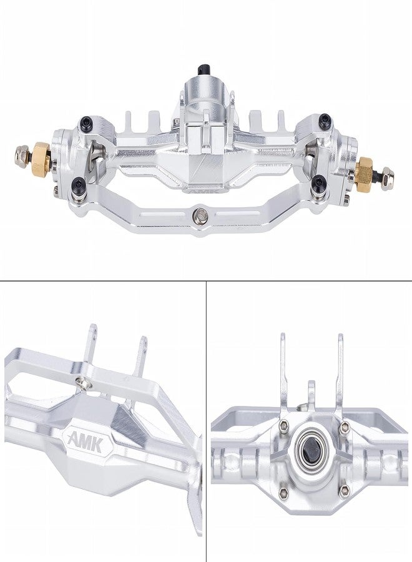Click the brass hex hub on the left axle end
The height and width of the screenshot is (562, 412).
coord(41,152)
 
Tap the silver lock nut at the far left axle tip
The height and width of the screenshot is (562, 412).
coord(23,152)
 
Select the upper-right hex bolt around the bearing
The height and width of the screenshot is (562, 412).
coord(344,428)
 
